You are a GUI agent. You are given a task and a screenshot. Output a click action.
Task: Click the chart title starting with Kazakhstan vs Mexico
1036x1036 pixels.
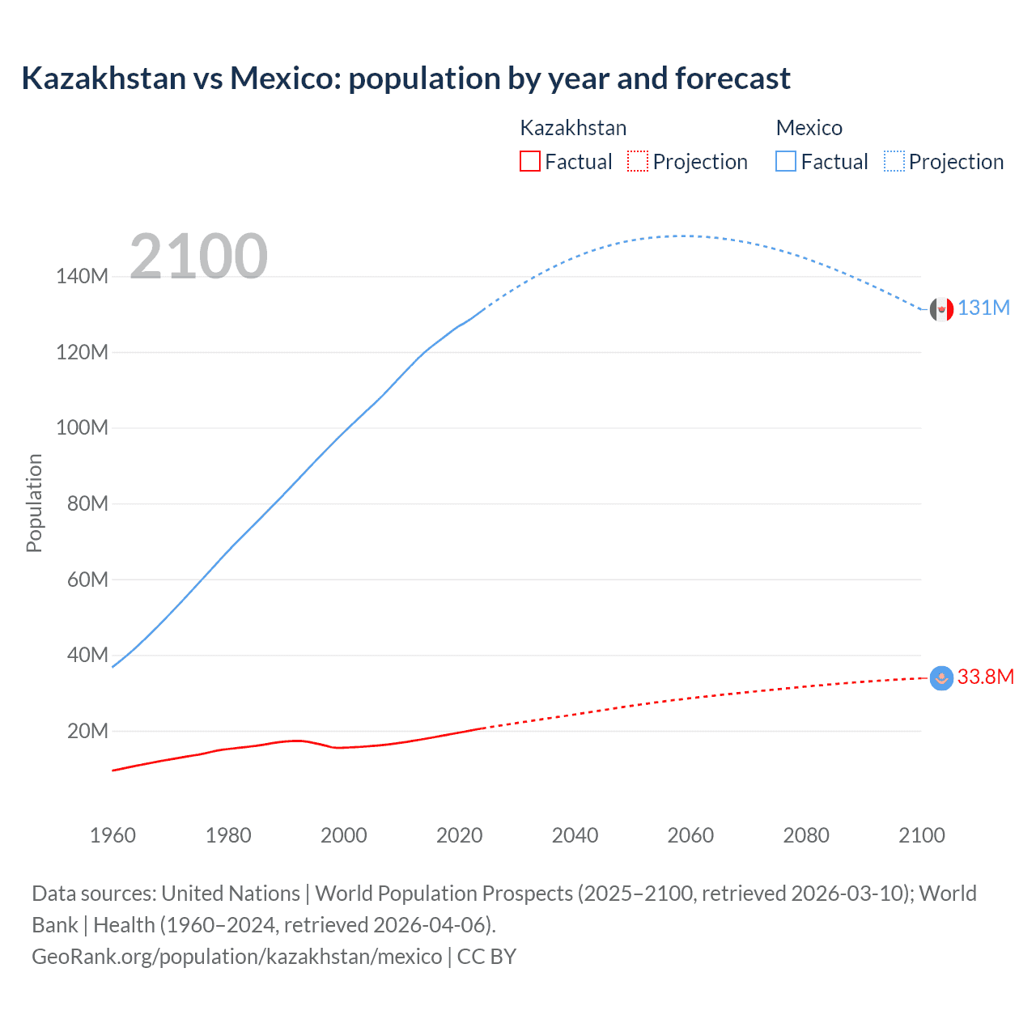pyautogui.click(x=405, y=79)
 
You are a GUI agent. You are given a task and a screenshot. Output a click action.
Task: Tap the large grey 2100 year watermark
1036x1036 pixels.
pyautogui.click(x=198, y=257)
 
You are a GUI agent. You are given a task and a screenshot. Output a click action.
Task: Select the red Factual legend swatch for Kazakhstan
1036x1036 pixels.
pyautogui.click(x=529, y=161)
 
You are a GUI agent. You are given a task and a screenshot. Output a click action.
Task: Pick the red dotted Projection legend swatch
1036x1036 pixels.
pyautogui.click(x=638, y=161)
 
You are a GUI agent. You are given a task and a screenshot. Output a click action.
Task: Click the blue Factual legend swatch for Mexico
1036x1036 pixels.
pyautogui.click(x=785, y=161)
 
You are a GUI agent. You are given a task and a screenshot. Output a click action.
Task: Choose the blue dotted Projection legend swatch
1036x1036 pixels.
pyautogui.click(x=894, y=161)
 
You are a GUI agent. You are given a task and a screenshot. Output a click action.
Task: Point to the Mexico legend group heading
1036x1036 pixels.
pyautogui.click(x=809, y=128)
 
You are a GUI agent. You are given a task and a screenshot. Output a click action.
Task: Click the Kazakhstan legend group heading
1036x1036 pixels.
pyautogui.click(x=572, y=128)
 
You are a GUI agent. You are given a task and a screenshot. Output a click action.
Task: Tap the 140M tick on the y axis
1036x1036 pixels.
pyautogui.click(x=82, y=277)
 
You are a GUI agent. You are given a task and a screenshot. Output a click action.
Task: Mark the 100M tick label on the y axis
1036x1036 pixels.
pyautogui.click(x=82, y=428)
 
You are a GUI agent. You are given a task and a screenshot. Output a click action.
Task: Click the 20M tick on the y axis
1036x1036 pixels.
pyautogui.click(x=87, y=731)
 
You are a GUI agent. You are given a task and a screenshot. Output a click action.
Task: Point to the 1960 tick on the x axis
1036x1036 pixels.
pyautogui.click(x=113, y=835)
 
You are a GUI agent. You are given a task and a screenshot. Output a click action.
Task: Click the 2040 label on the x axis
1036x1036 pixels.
pyautogui.click(x=575, y=835)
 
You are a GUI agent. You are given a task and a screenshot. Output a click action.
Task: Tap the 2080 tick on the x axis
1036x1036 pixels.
pyautogui.click(x=806, y=835)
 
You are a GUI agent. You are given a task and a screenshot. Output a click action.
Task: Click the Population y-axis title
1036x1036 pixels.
pyautogui.click(x=34, y=503)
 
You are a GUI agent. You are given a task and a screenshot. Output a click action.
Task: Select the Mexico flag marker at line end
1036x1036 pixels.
pyautogui.click(x=941, y=309)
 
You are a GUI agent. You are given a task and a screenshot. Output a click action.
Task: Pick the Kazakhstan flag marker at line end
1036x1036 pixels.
pyautogui.click(x=941, y=678)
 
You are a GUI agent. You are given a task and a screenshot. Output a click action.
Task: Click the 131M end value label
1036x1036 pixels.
pyautogui.click(x=983, y=308)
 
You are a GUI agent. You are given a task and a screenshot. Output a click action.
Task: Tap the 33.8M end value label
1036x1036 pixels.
pyautogui.click(x=985, y=677)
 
